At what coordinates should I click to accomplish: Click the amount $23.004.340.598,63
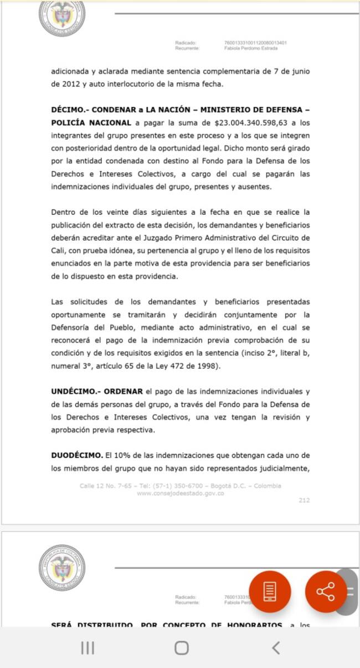pos(254,122)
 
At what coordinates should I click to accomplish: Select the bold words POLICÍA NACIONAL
pos(91,122)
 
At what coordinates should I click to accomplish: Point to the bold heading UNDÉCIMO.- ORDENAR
pos(96,392)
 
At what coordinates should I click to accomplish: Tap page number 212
pos(304,500)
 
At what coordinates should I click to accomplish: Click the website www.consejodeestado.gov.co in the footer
pos(180,493)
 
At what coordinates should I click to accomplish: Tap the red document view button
pos(270,592)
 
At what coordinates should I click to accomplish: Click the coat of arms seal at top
pos(62,17)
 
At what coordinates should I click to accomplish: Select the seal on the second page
pos(62,567)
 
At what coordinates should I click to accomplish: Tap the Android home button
pos(181,648)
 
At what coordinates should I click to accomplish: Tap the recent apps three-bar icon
pos(88,648)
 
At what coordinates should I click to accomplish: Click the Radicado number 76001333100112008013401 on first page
pos(255,43)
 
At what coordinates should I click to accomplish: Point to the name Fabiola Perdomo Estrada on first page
pos(251,48)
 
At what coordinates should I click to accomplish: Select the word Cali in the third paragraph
pos(58,250)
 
